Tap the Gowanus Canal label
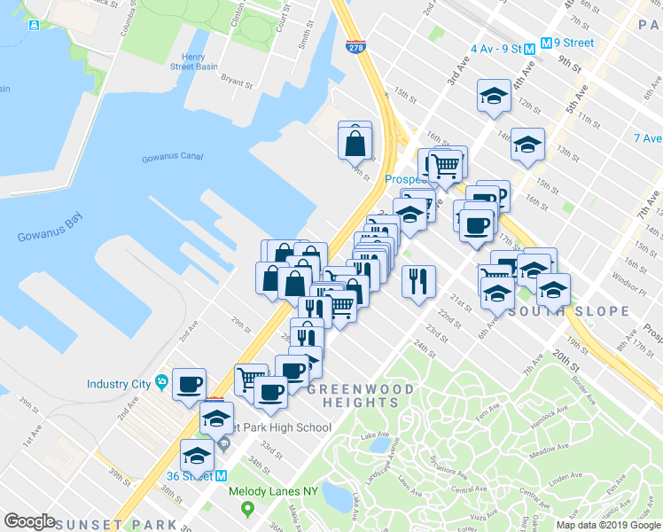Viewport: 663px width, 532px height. pyautogui.click(x=172, y=159)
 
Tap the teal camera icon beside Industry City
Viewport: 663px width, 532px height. pyautogui.click(x=160, y=382)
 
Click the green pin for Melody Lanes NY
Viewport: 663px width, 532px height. pyautogui.click(x=247, y=510)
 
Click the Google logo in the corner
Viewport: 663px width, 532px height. pyautogui.click(x=30, y=521)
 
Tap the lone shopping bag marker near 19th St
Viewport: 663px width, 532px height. pyautogui.click(x=355, y=140)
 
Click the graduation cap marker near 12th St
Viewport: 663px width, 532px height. pyautogui.click(x=494, y=97)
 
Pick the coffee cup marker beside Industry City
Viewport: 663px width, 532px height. pyautogui.click(x=189, y=384)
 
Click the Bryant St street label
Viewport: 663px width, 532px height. pyautogui.click(x=236, y=80)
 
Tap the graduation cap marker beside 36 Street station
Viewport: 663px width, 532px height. pyautogui.click(x=197, y=456)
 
